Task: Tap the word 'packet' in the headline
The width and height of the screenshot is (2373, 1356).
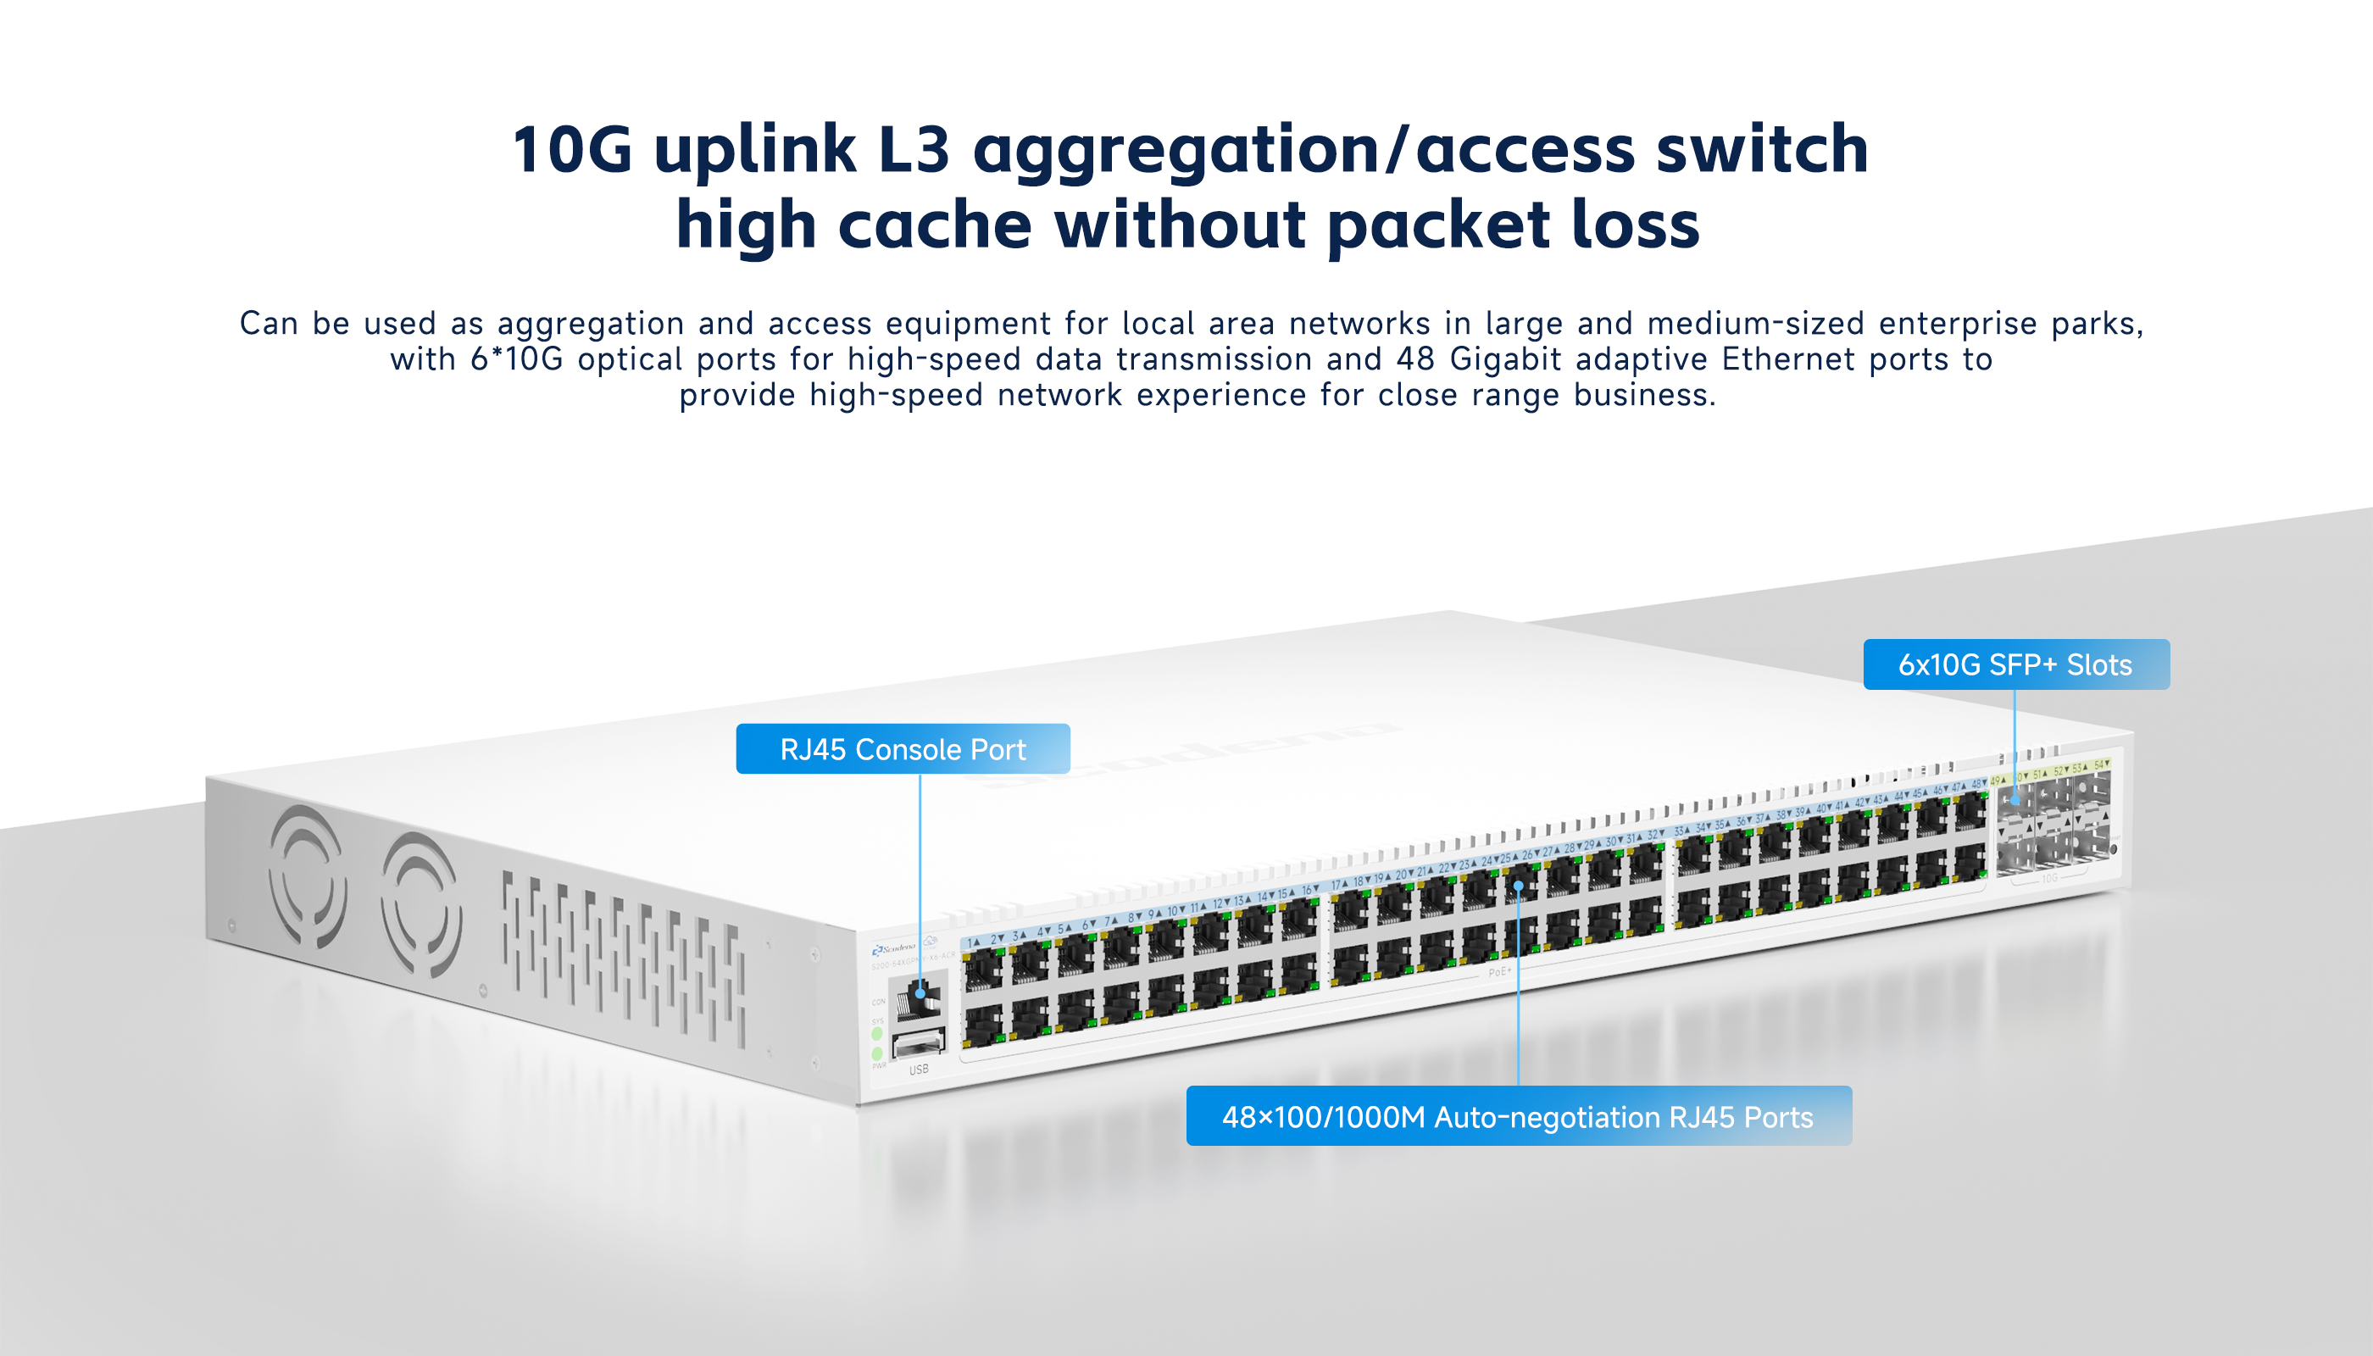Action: pos(1439,225)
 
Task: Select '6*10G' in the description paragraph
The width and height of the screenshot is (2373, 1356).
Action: pos(517,359)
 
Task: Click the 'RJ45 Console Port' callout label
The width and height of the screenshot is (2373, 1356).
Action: pos(903,749)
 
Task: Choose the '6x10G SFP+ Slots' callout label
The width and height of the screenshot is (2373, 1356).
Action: pos(2015,664)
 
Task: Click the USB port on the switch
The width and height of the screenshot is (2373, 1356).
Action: pos(919,1044)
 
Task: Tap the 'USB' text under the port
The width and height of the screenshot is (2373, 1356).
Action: pos(919,1070)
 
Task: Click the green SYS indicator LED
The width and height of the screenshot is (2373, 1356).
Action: pos(876,1034)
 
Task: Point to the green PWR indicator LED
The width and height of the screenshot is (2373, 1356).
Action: pos(876,1053)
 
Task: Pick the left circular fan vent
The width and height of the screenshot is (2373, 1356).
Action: pos(308,876)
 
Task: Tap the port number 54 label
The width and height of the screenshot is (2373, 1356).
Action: pos(2100,764)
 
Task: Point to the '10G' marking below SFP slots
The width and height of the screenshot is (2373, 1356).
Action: pos(2050,878)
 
